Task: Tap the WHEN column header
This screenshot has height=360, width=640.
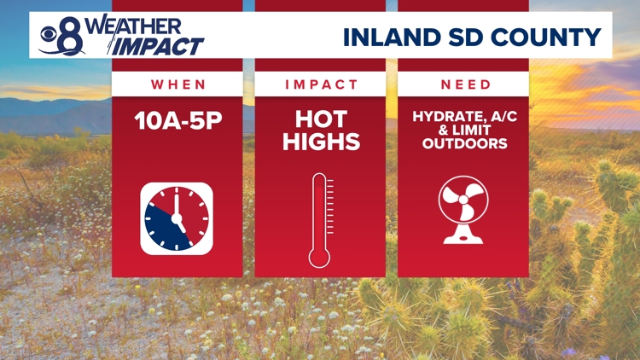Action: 178,84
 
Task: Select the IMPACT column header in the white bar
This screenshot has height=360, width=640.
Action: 320,84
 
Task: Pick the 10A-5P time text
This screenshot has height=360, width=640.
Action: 178,120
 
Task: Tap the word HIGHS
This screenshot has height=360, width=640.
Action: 321,142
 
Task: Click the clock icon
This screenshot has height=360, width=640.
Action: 177,218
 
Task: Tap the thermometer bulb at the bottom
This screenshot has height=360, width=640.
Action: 319,254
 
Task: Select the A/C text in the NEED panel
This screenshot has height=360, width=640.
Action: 498,117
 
